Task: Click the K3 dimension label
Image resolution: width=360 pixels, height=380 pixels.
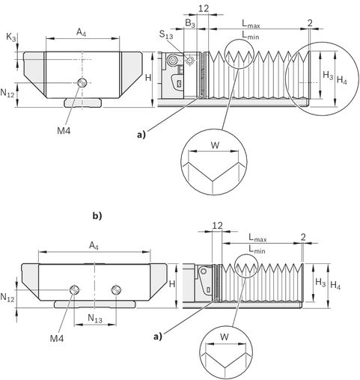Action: pyautogui.click(x=11, y=37)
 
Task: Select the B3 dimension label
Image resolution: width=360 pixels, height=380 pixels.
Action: pyautogui.click(x=190, y=24)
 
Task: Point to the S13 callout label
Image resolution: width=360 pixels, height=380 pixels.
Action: pyautogui.click(x=166, y=34)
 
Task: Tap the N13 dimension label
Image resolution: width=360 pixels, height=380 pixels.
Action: pyautogui.click(x=95, y=319)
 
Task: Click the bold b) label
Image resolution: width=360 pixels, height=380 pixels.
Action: pyautogui.click(x=97, y=216)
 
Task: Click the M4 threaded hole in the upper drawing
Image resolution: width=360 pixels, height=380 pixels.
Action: pyautogui.click(x=82, y=82)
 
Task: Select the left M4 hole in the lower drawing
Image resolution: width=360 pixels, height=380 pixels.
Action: pyautogui.click(x=75, y=289)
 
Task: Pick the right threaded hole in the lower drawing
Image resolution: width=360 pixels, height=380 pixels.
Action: pyautogui.click(x=116, y=289)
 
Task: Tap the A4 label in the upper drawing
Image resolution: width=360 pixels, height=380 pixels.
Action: pyautogui.click(x=82, y=33)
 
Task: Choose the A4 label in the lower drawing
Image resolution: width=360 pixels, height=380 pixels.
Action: pyautogui.click(x=94, y=246)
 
